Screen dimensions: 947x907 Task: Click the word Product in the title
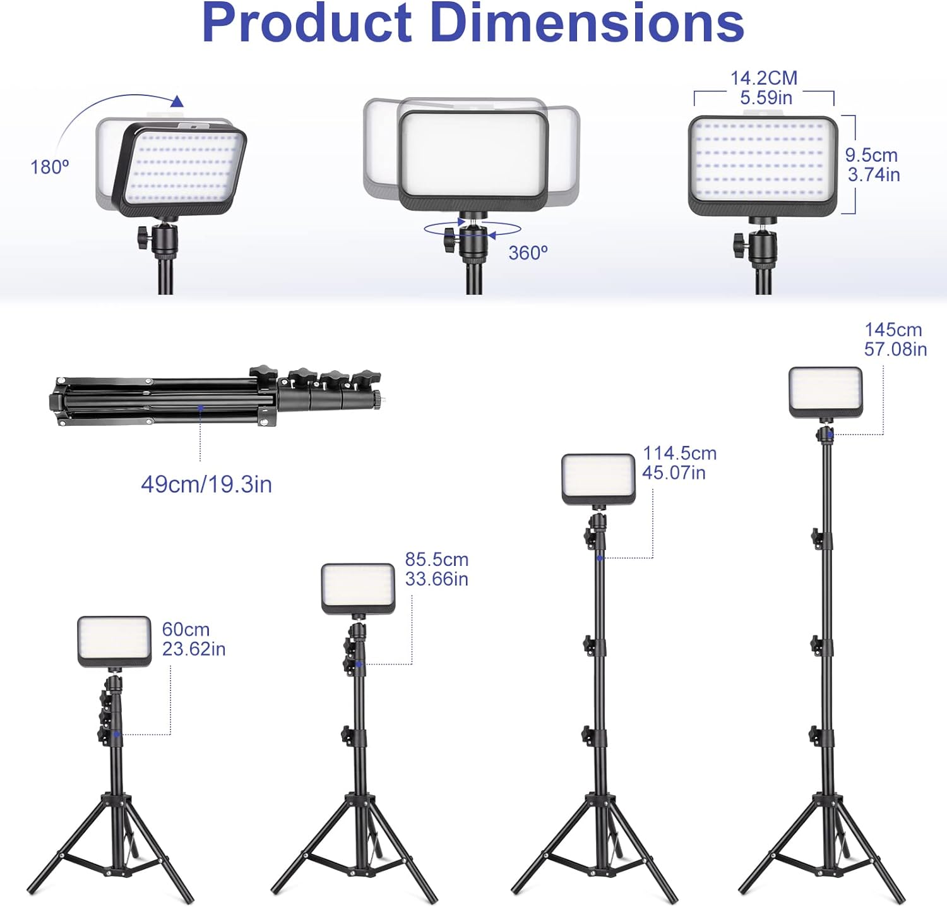click(x=307, y=23)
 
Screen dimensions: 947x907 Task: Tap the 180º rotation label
click(x=50, y=167)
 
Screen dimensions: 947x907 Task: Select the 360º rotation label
click(x=528, y=253)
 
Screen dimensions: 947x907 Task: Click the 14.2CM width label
click(x=764, y=78)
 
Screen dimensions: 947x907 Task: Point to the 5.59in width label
click(x=766, y=98)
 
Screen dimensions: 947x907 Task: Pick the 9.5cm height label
click(x=871, y=155)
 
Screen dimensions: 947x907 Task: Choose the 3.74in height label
click(x=874, y=175)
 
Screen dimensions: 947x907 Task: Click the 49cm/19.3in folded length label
click(x=206, y=484)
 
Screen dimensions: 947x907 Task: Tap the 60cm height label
click(x=186, y=630)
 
